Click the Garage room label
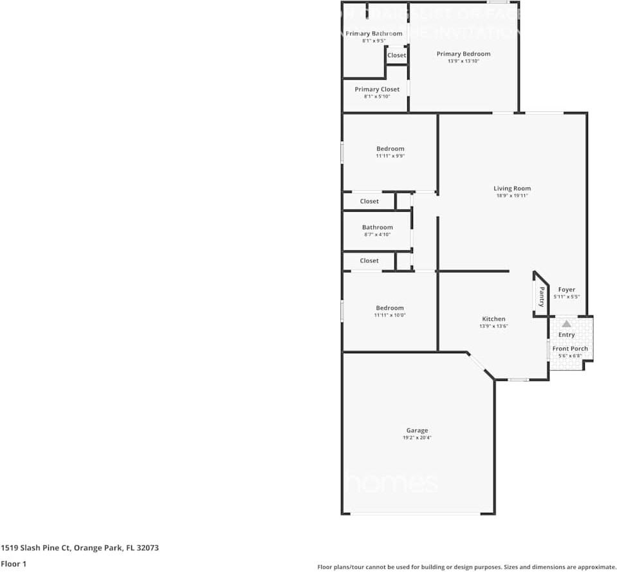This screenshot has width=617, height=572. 417,430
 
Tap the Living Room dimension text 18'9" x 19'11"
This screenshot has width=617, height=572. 512,196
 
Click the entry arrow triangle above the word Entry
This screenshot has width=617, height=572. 566,324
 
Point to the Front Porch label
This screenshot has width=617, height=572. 570,349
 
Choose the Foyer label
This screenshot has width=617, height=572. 567,290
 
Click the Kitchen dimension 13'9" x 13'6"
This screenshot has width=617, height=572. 493,326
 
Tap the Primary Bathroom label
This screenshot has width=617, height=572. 374,33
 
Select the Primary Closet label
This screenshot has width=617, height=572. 377,89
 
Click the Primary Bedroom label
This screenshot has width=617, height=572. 463,54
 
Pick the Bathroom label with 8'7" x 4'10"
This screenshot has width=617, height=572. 377,227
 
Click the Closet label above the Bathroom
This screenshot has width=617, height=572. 369,201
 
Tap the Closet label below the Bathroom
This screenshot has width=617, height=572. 369,261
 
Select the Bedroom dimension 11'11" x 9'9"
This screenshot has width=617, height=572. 390,156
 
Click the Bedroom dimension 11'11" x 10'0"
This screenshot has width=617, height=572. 390,315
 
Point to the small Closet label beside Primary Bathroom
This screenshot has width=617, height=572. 396,55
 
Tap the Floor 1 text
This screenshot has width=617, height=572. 14,564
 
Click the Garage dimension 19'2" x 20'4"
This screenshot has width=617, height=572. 417,438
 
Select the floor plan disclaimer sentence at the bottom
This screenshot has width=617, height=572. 466,567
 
